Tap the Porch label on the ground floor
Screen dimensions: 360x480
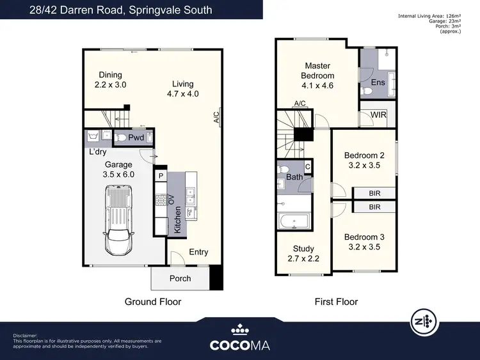[x=180, y=279]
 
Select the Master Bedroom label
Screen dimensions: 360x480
[x=317, y=75]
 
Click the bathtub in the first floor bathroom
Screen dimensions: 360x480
[x=294, y=222]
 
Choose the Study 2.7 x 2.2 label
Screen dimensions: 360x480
[x=305, y=254]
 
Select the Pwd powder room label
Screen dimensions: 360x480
[x=136, y=137]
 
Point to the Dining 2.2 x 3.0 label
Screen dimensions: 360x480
[x=108, y=80]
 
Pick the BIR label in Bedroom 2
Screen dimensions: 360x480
[x=374, y=192]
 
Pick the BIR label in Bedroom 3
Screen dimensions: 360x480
[x=374, y=207]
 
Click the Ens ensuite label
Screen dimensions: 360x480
[x=377, y=83]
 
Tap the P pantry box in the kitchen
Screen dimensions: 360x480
[x=160, y=175]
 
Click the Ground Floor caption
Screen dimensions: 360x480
[x=153, y=302]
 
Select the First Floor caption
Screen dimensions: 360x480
[x=336, y=302]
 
